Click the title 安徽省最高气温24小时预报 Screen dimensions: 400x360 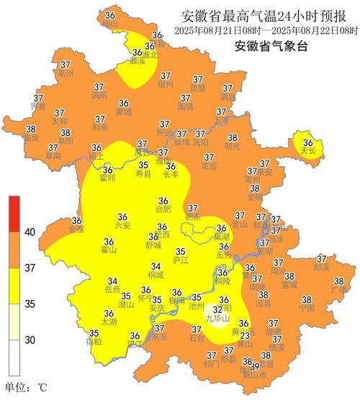266,16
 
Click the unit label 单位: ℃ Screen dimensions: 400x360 25,388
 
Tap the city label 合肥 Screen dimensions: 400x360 163,210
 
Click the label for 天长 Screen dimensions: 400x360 308,152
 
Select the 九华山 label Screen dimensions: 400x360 217,317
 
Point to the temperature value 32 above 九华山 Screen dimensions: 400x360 217,309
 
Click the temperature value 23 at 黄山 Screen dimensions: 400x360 245,336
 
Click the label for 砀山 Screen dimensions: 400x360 109,23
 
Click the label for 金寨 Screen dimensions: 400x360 76,229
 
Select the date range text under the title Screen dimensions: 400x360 266,30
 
